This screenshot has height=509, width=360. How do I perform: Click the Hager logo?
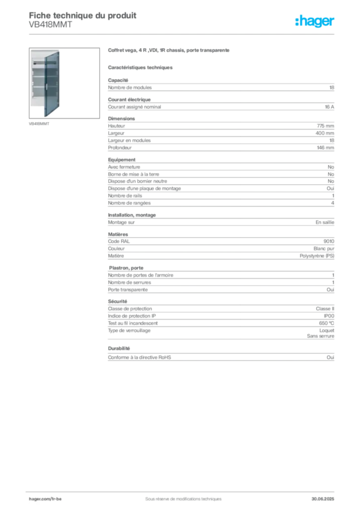(315, 21)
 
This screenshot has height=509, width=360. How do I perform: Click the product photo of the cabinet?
(64, 83)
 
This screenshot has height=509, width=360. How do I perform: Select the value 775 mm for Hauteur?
(325, 126)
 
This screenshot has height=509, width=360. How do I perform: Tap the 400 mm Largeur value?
(325, 133)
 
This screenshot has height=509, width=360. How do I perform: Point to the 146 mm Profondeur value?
(325, 148)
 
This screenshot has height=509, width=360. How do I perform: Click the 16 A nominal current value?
(330, 107)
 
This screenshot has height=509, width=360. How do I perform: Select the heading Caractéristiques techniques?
(140, 68)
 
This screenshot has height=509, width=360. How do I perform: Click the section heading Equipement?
(122, 160)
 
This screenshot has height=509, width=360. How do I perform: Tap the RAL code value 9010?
(329, 241)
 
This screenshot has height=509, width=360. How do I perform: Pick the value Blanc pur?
(324, 249)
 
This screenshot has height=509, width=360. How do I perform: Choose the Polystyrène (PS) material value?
(317, 256)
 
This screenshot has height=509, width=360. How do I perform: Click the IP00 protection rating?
(329, 316)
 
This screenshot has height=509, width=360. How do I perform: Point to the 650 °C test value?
(327, 323)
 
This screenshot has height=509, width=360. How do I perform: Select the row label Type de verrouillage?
(129, 331)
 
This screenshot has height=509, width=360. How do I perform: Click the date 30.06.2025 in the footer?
(323, 499)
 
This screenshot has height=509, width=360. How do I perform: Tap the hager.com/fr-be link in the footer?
(45, 499)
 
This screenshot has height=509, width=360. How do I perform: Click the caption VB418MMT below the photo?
(39, 124)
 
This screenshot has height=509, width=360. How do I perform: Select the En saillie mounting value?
(325, 222)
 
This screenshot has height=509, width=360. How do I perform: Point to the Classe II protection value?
(325, 309)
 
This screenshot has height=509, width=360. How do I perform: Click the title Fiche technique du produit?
(83, 15)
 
